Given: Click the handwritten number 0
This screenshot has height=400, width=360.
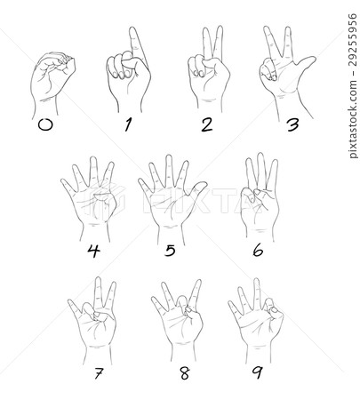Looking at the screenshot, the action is (45, 124).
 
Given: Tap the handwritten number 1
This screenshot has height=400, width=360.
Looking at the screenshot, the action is (128, 124).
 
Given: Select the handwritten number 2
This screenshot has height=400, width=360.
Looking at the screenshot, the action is (206, 124).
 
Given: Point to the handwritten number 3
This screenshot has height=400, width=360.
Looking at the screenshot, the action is (292, 124).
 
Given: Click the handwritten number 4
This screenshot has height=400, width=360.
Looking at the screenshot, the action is (93, 251).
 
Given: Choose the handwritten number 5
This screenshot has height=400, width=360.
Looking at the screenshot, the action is (170, 251).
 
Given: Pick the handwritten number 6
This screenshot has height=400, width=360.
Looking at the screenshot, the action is (258, 251).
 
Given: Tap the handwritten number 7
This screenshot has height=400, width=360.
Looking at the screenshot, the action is (99, 373).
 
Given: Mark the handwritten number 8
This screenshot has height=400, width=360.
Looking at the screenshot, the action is (185, 373).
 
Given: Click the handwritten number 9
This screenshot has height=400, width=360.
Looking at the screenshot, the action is (257, 372).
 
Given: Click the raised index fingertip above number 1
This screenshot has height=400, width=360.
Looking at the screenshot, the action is (133, 30).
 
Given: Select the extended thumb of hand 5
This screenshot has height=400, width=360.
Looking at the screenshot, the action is (197, 189).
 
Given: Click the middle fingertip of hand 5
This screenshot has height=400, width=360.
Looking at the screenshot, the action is (169, 158).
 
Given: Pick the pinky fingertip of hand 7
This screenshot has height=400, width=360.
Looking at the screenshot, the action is (70, 302).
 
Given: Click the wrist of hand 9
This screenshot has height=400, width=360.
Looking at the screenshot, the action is (259, 354).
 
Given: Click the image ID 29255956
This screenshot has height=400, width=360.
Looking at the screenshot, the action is (352, 39).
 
